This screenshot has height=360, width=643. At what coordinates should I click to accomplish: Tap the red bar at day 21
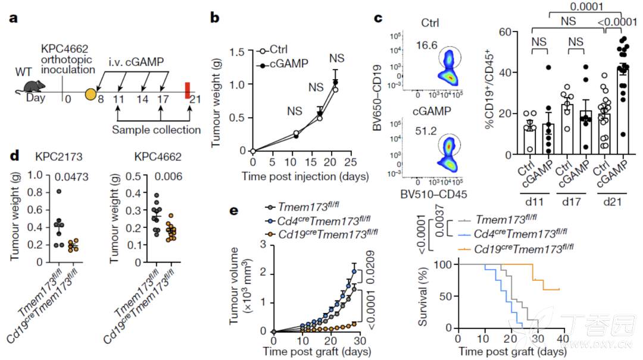pyautogui.click(x=188, y=90)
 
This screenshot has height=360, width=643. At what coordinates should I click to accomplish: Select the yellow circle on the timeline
pyautogui.click(x=90, y=93)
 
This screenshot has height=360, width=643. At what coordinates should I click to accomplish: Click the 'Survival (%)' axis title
pyautogui.click(x=424, y=296)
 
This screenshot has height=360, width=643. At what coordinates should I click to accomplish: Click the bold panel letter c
pyautogui.click(x=377, y=18)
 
